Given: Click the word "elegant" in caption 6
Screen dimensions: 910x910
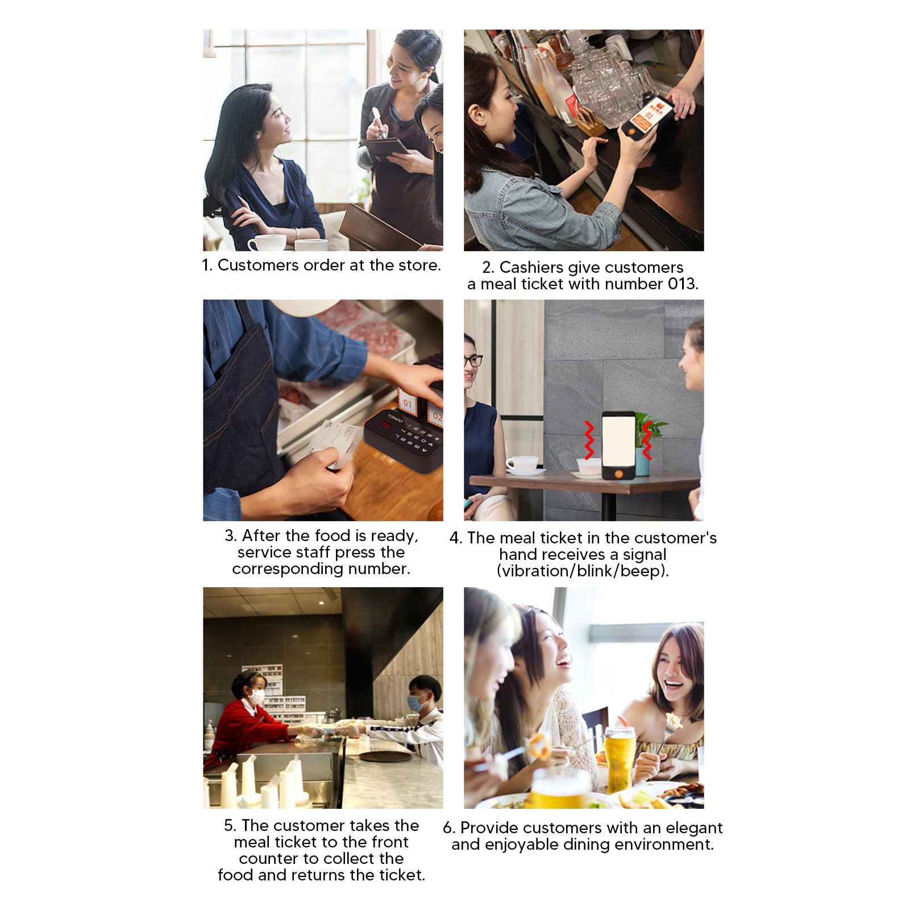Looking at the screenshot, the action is (695, 828).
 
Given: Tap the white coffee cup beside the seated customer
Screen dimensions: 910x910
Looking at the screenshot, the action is (266, 243).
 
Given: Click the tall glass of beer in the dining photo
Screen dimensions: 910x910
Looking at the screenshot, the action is (620, 754).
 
